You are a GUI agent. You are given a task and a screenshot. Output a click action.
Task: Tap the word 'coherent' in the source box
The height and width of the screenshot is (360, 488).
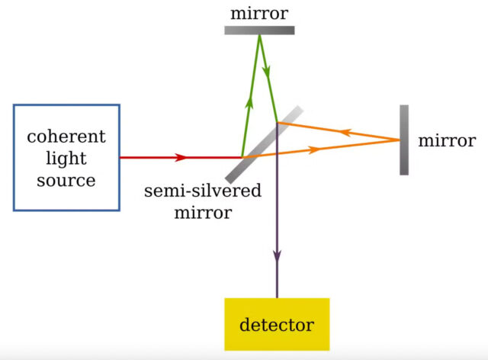[x=66, y=137]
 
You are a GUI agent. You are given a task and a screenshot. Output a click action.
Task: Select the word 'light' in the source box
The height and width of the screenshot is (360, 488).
[x=66, y=159]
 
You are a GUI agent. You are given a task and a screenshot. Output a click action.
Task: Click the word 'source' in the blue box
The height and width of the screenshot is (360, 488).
[x=66, y=181]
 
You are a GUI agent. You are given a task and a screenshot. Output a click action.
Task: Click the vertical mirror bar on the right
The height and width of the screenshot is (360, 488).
[x=403, y=140]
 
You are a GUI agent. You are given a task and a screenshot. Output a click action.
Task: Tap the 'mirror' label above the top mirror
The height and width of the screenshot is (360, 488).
[x=259, y=13]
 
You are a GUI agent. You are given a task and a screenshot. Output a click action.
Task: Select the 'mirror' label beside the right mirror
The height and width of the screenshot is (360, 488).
[x=447, y=140]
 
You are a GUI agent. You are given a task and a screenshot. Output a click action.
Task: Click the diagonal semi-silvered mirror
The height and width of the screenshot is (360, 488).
[x=263, y=145]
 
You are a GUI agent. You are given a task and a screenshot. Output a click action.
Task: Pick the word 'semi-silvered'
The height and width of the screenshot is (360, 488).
[x=202, y=190]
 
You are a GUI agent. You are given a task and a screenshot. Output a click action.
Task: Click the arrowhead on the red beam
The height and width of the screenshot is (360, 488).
[x=181, y=158]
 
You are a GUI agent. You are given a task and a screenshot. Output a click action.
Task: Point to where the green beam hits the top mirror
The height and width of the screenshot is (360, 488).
[x=259, y=35]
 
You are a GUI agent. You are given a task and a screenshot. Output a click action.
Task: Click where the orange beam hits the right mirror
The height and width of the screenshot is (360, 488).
[x=400, y=140]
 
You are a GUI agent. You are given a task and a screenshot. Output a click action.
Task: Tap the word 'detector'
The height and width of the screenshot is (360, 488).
[x=276, y=325]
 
